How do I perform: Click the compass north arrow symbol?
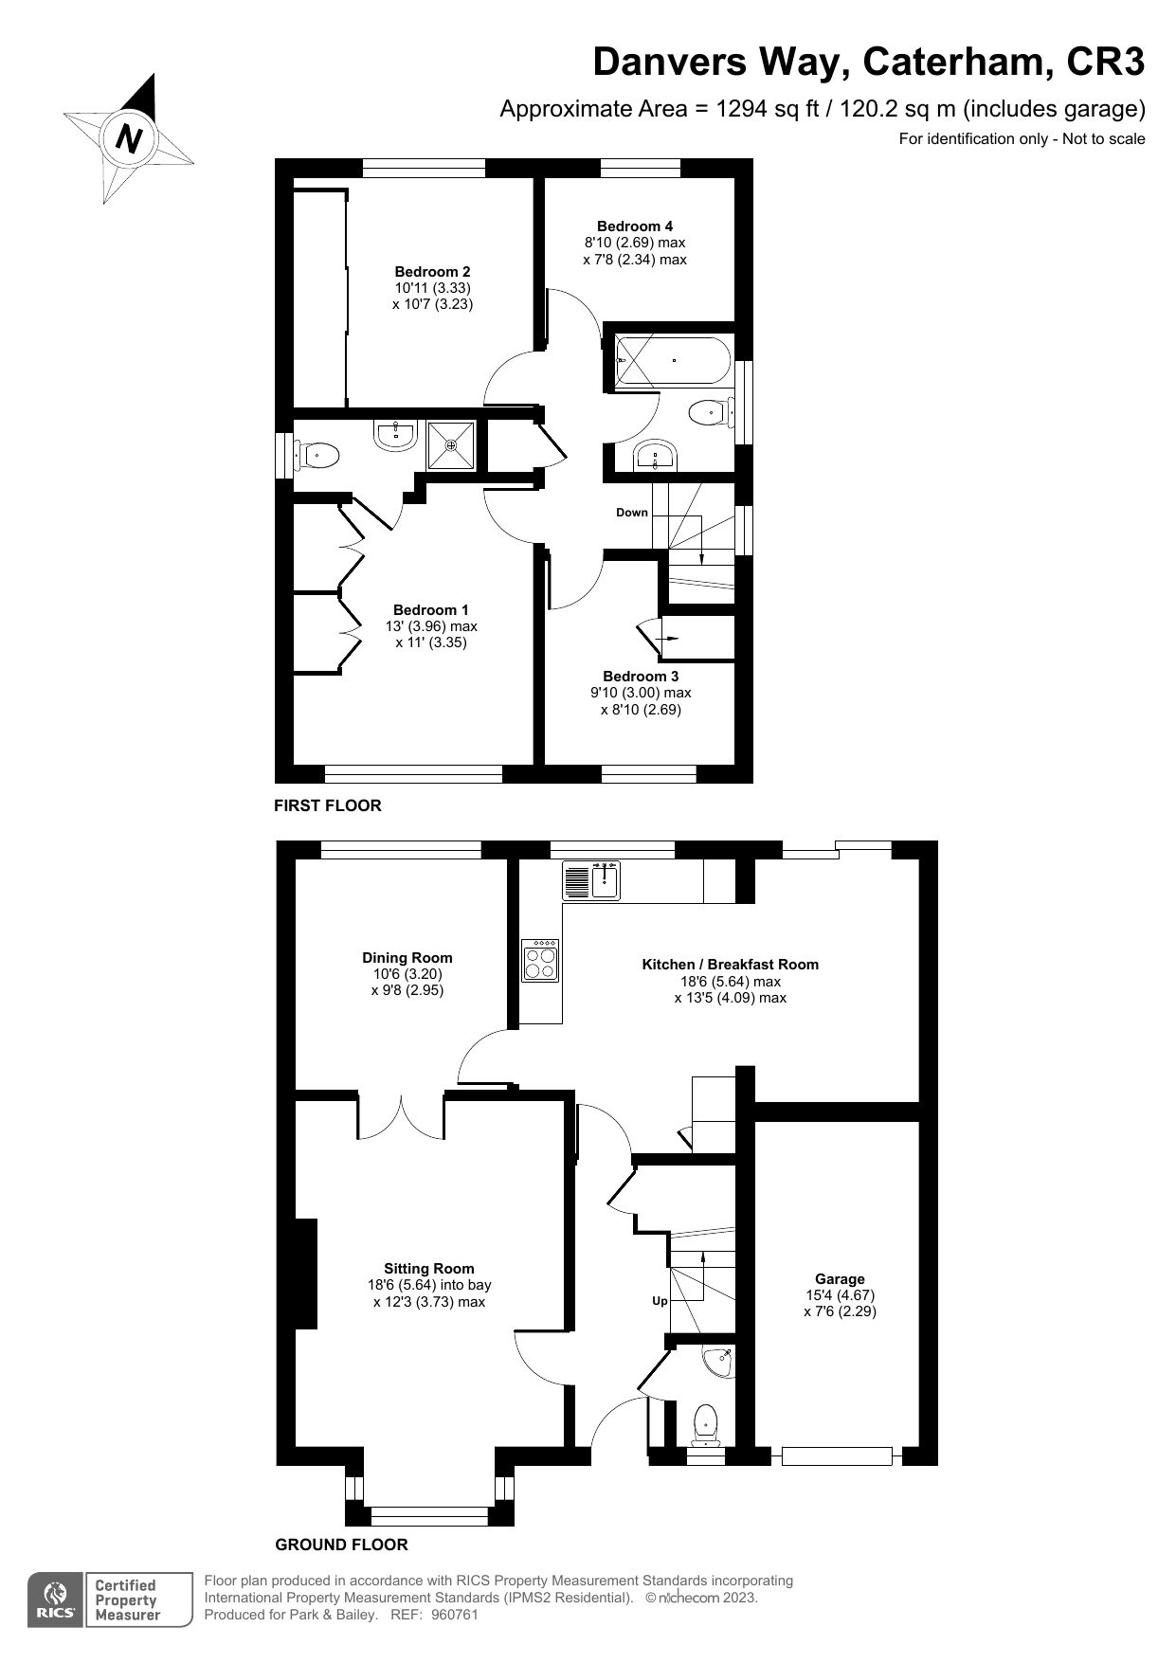(128, 139)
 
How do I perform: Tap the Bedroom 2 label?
(432, 272)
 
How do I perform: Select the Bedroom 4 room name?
(635, 226)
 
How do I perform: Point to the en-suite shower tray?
(451, 444)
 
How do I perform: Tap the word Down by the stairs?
(632, 513)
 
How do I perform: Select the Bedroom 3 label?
(641, 677)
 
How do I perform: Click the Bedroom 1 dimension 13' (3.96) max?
(431, 626)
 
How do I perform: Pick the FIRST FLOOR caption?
(328, 806)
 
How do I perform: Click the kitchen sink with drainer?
(591, 880)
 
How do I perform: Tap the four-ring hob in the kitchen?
(541, 961)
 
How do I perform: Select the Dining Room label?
(407, 958)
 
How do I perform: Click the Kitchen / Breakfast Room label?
(730, 965)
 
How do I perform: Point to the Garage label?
(840, 1279)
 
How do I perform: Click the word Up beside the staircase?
(660, 1301)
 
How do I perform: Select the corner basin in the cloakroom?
(720, 1362)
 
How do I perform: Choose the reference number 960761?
(455, 1615)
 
